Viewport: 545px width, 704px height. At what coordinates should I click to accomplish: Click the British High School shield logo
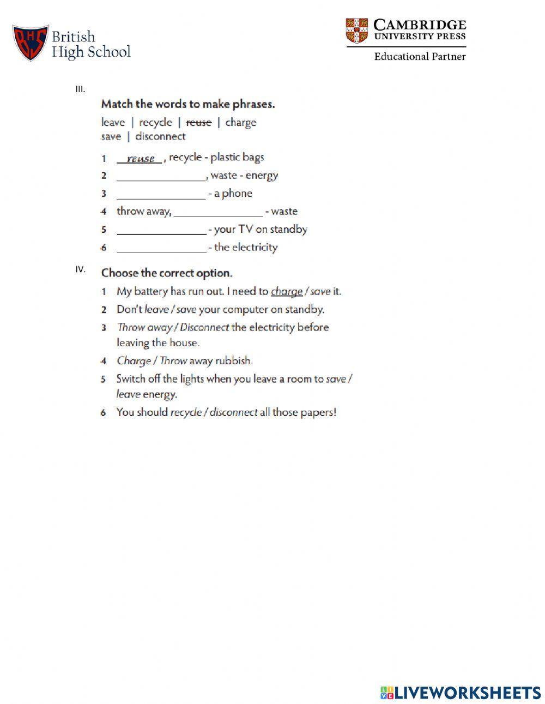pos(31,43)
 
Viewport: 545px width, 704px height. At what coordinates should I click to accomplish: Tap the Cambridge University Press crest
pos(356,31)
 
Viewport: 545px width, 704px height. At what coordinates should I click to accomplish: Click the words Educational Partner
pos(420,56)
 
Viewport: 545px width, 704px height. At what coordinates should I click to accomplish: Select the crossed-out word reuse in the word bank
pos(198,123)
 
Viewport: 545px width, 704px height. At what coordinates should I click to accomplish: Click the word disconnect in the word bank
pos(160,136)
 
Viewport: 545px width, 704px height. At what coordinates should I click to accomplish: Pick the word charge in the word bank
pos(240,123)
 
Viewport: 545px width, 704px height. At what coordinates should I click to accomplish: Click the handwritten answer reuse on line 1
pos(141,159)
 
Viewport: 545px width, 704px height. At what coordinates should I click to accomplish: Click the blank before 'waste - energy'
pos(161,177)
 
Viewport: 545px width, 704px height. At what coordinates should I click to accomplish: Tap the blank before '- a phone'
pos(161,195)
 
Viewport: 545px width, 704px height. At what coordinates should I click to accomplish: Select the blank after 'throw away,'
pos(218,213)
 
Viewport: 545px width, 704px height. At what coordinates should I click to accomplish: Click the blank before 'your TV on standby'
pos(161,231)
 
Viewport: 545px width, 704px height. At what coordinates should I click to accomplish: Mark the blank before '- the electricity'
pos(161,249)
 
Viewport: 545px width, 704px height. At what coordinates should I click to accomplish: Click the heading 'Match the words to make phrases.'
pos(188,104)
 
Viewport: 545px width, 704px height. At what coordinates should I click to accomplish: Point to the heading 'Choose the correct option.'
pos(167,273)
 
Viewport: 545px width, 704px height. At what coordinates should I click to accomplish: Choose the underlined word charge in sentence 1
pos(287,292)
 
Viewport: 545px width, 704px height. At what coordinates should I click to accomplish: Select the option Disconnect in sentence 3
pos(204,328)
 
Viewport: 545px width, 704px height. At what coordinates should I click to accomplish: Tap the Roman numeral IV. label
pos(81,269)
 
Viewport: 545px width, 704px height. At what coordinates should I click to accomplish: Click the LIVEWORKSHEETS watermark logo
pos(461,693)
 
